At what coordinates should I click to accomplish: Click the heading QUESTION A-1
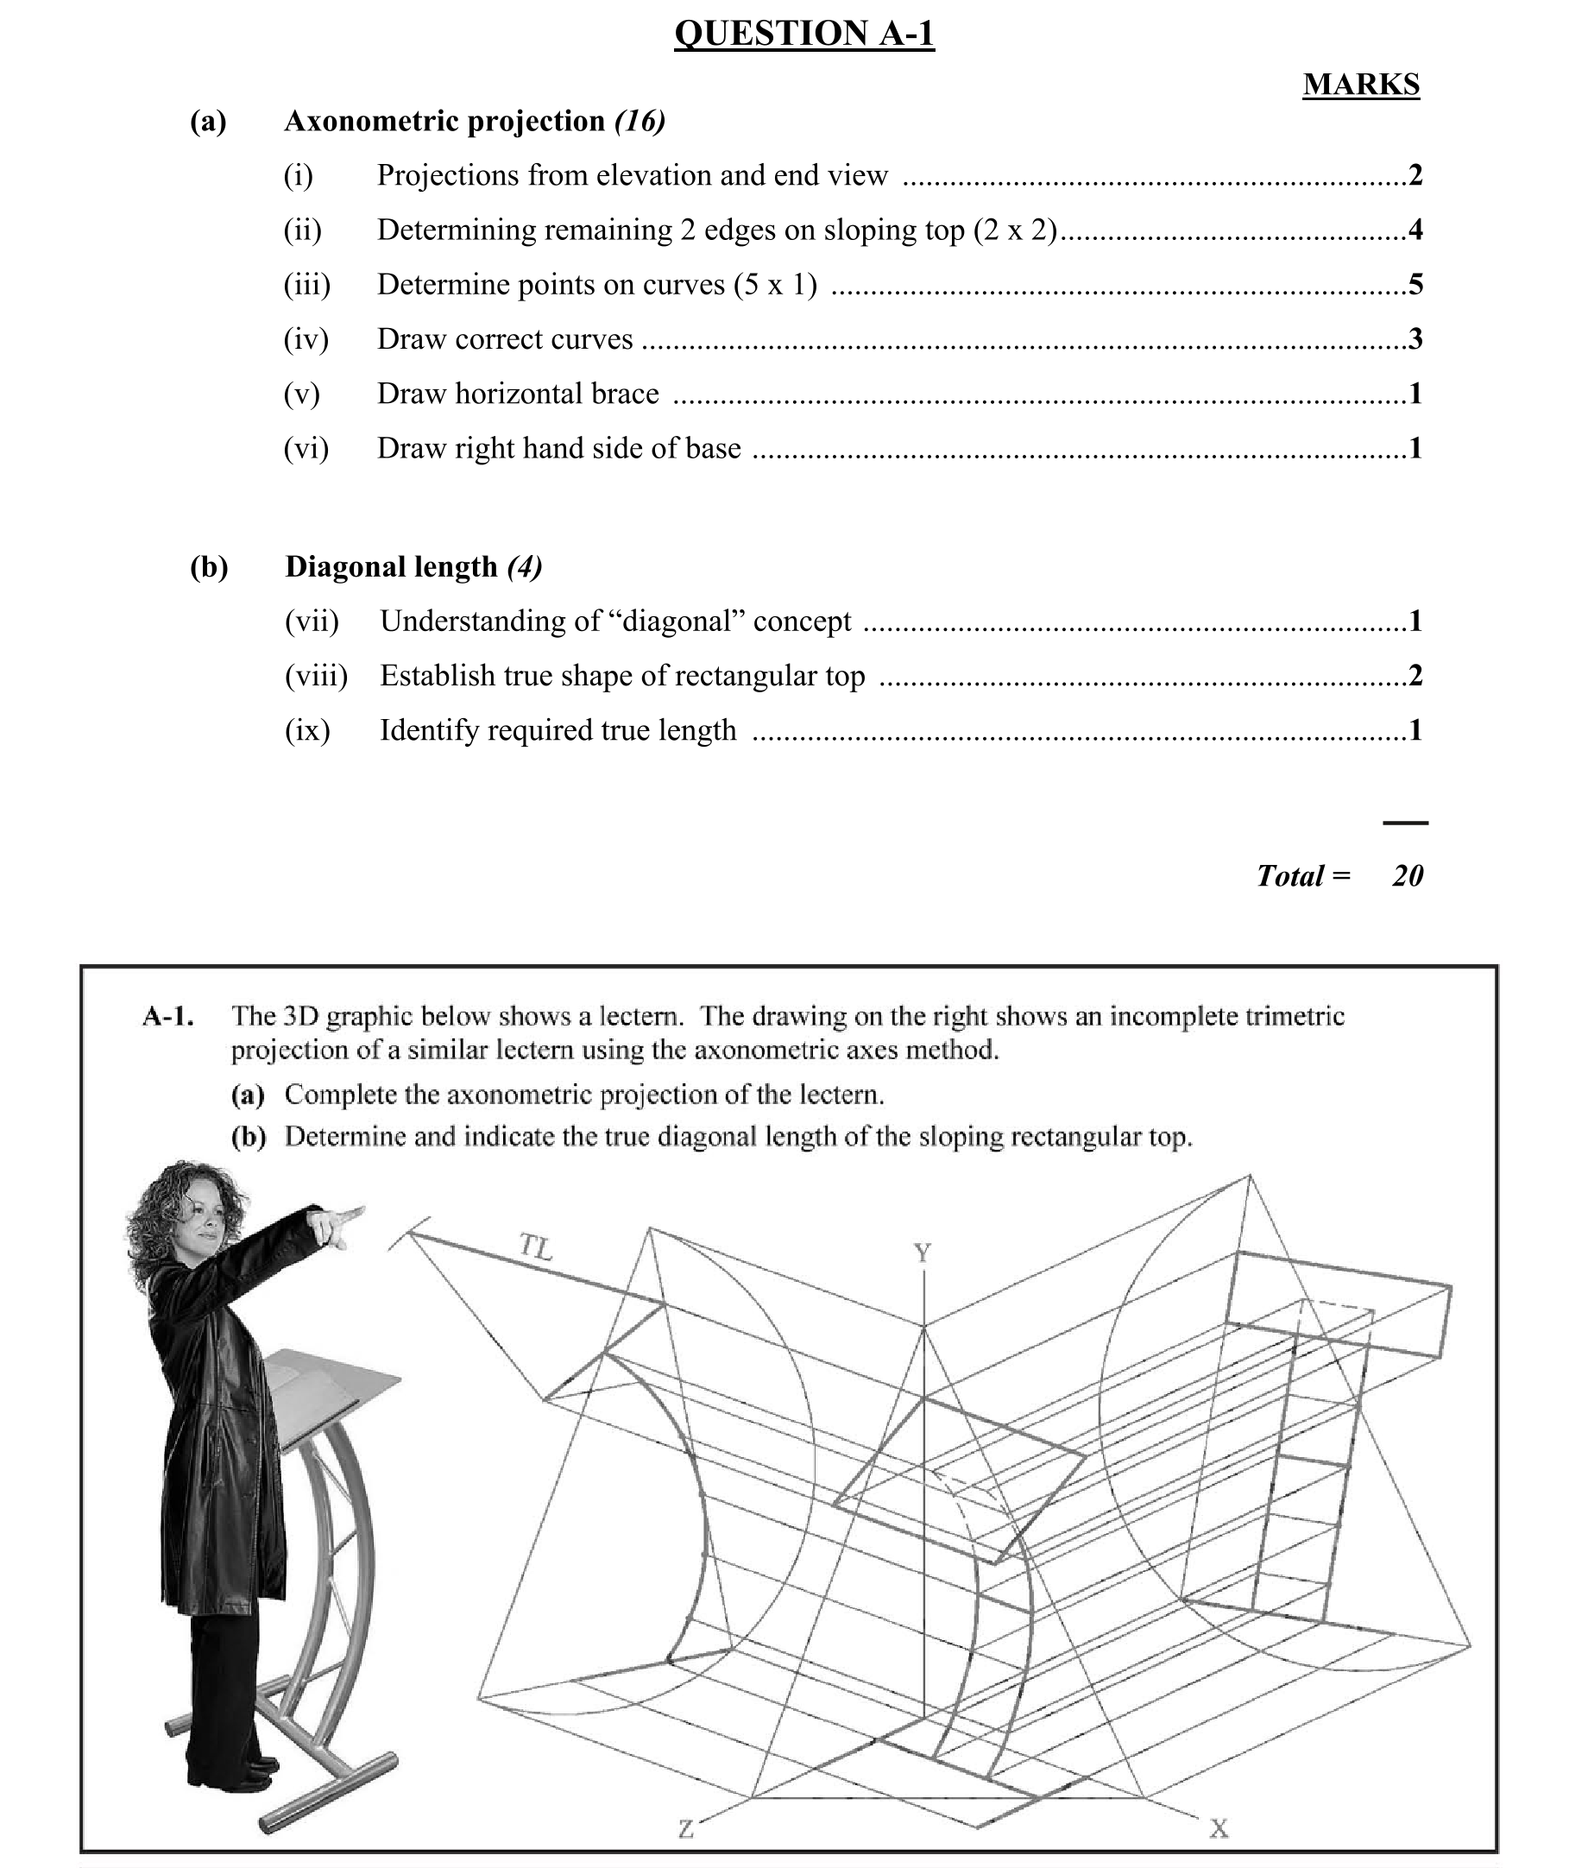804,34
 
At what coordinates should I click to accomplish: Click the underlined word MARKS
1361,85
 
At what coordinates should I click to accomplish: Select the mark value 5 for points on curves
1415,285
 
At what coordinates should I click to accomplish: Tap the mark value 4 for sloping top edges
1415,230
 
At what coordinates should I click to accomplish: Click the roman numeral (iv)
306,339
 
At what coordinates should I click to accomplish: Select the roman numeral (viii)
316,676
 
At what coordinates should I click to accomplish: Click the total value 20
1407,876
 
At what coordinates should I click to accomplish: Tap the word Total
1289,876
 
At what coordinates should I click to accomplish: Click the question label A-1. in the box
168,1016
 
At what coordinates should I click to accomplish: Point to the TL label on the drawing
536,1247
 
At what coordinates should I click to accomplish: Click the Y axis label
923,1253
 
